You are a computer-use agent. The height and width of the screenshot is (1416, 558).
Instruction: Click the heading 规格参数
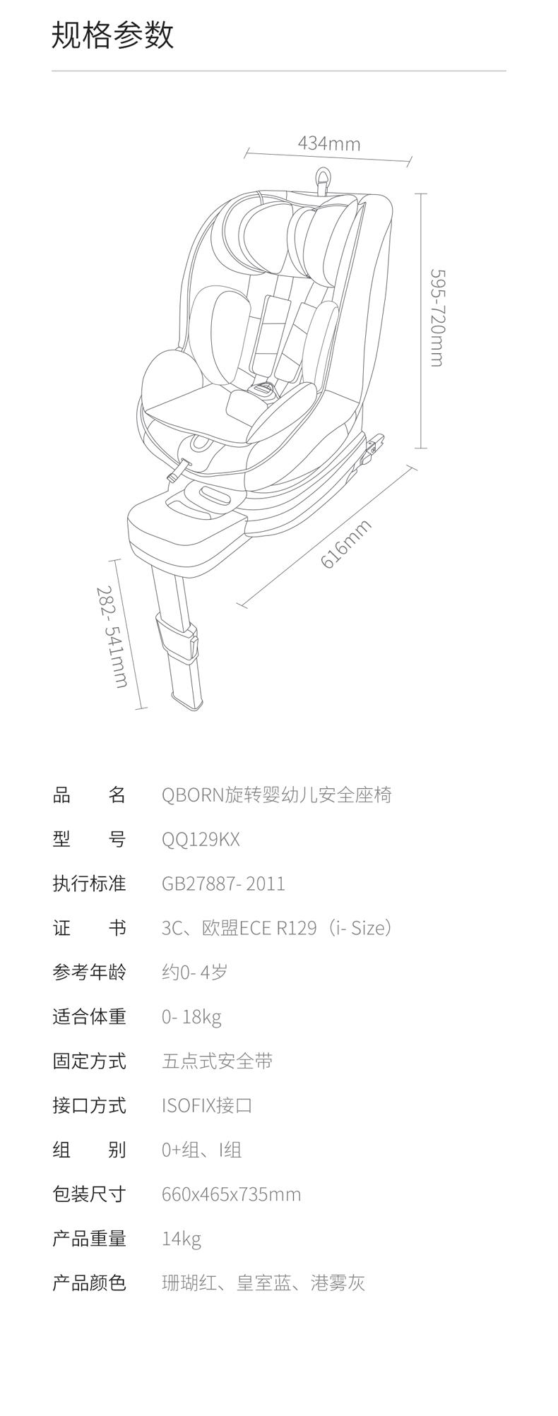coord(112,35)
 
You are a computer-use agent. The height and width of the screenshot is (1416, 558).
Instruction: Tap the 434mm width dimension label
coord(329,144)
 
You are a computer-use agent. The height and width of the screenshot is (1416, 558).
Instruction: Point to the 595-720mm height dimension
coord(438,318)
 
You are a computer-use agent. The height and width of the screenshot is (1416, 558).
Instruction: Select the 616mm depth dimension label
coord(345,543)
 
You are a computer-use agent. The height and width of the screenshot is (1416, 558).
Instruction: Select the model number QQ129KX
coord(201,839)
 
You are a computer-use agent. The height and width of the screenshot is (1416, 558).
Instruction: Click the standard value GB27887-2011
coord(223,883)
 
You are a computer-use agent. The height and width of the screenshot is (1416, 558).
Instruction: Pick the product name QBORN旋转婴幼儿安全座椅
coord(276,795)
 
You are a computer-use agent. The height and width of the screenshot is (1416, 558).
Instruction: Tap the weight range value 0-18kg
coord(191,1017)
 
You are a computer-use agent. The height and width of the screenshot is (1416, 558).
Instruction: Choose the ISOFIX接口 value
coord(206,1105)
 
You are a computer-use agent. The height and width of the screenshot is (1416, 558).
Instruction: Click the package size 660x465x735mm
coord(231,1194)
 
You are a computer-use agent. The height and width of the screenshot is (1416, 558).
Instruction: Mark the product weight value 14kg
coord(182,1239)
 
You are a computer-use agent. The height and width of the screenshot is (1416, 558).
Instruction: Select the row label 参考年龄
coord(89,972)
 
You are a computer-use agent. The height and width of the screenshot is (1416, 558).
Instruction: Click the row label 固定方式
coord(89,1061)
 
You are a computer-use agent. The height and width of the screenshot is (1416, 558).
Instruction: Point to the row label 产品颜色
coord(89,1283)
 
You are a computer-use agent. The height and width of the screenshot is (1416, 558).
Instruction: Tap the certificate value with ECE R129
coord(276,928)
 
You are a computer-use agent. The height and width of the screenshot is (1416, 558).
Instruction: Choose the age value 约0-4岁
coord(194,972)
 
